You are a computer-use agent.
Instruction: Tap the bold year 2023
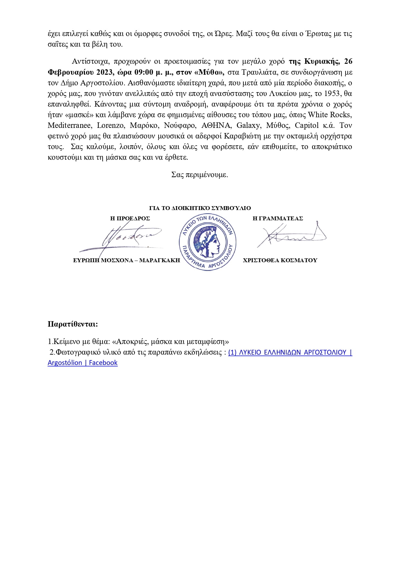pyautogui.click(x=105, y=72)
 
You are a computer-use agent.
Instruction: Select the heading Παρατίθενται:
pyautogui.click(x=73, y=324)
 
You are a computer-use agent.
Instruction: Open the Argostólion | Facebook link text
pyautogui.click(x=83, y=363)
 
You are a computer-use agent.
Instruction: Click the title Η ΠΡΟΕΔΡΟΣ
pyautogui.click(x=130, y=218)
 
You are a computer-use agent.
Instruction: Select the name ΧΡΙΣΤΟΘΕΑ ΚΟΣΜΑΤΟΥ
pyautogui.click(x=280, y=260)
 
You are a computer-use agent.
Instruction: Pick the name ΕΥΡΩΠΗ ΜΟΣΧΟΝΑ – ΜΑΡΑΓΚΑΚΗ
pyautogui.click(x=126, y=260)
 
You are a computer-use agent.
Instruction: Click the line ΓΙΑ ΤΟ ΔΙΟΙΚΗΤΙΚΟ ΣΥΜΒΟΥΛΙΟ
pyautogui.click(x=200, y=208)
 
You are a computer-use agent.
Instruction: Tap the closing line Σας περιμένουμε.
pyautogui.click(x=200, y=175)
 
